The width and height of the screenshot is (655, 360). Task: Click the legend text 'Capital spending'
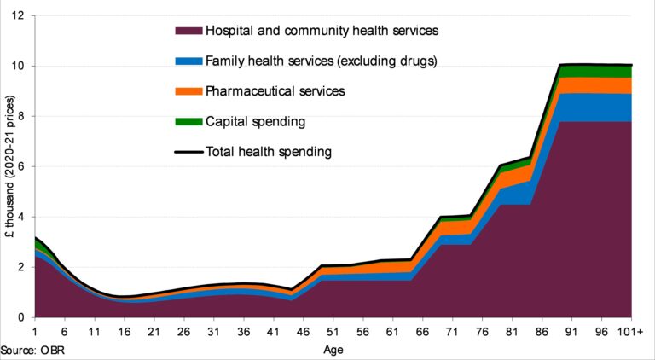tap(255, 121)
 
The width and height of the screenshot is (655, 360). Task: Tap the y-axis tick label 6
tap(22, 166)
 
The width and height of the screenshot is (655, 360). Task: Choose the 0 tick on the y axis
tap(22, 317)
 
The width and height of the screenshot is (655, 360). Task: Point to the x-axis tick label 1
tap(34, 332)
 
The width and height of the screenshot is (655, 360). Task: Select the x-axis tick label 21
tap(154, 332)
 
